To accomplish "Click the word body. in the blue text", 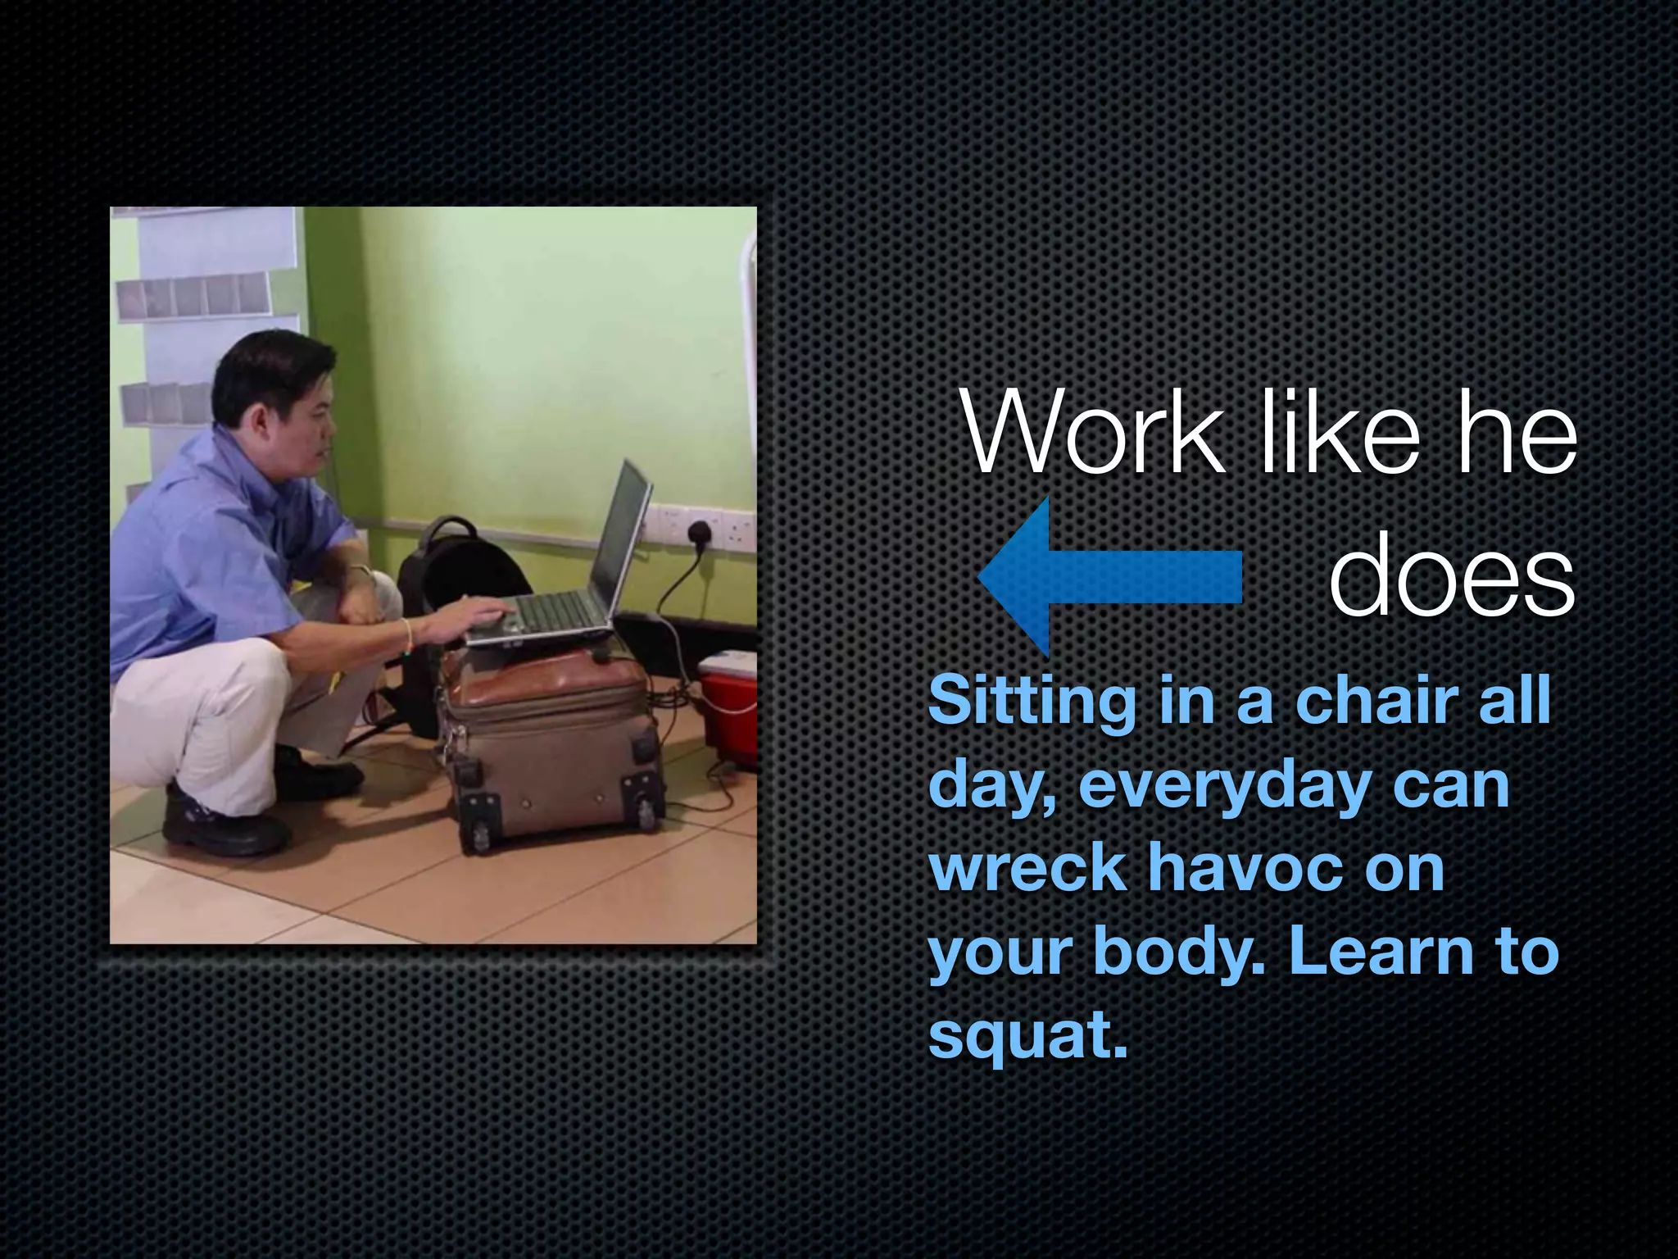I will click(x=1180, y=952).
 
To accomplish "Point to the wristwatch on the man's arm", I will click(x=361, y=569).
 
